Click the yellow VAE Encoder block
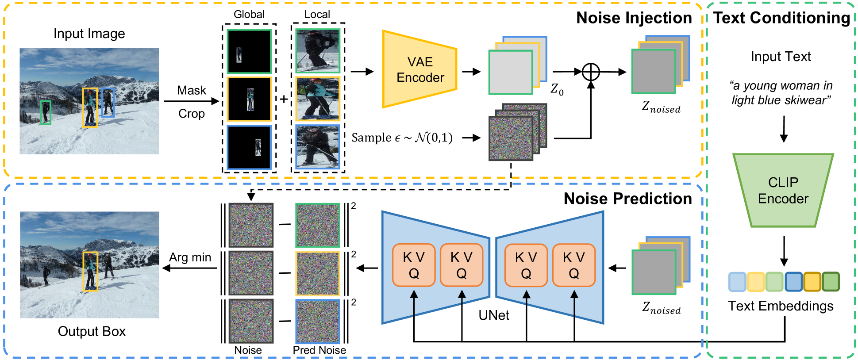pyautogui.click(x=419, y=69)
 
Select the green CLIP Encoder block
pyautogui.click(x=783, y=190)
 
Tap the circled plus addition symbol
pyautogui.click(x=591, y=72)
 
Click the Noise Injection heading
pyautogui.click(x=634, y=18)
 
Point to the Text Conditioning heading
pyautogui.click(x=781, y=18)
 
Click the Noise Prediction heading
pyautogui.click(x=627, y=199)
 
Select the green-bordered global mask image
pyautogui.click(x=249, y=51)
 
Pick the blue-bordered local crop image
pyautogui.click(x=318, y=147)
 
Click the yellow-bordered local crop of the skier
pyautogui.click(x=318, y=99)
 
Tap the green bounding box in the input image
pyautogui.click(x=45, y=112)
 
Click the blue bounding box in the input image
pyautogui.click(x=108, y=102)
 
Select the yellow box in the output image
pyautogui.click(x=90, y=272)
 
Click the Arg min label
pyautogui.click(x=190, y=257)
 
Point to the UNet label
pyautogui.click(x=494, y=315)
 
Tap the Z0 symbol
pyautogui.click(x=557, y=89)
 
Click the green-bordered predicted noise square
pyautogui.click(x=318, y=225)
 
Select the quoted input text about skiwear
pyautogui.click(x=781, y=92)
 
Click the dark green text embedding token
pyautogui.click(x=831, y=281)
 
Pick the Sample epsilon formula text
pyautogui.click(x=402, y=138)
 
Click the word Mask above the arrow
pyautogui.click(x=192, y=90)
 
